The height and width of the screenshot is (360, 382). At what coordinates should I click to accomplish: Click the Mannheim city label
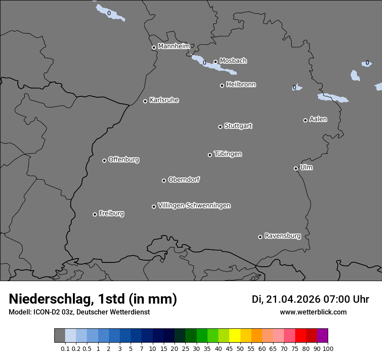click(x=174, y=46)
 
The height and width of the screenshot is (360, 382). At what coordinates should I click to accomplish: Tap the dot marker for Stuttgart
click(x=220, y=127)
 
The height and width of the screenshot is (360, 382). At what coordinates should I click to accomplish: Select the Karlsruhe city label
click(x=164, y=100)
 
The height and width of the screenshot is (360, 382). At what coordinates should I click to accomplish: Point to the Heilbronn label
click(x=241, y=85)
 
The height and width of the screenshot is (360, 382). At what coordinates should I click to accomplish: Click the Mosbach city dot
click(x=215, y=62)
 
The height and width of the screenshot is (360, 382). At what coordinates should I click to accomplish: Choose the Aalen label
click(x=318, y=119)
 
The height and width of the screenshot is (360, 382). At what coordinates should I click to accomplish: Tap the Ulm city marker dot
click(x=296, y=168)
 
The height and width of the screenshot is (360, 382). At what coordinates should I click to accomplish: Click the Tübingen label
click(x=228, y=154)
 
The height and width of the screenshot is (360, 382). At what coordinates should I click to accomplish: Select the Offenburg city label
click(x=124, y=160)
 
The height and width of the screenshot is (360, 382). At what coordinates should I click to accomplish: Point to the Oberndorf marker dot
click(x=164, y=180)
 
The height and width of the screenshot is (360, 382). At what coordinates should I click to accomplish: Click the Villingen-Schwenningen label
click(x=194, y=206)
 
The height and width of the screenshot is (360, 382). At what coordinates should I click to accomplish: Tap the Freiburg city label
click(x=111, y=213)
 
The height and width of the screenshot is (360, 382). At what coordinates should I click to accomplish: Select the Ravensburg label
click(x=283, y=236)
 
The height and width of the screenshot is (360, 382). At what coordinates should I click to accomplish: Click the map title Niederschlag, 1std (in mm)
click(x=93, y=299)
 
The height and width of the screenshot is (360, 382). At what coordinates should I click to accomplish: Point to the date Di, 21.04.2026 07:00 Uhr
click(x=310, y=299)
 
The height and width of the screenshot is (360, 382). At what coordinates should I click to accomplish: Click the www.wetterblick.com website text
click(x=313, y=312)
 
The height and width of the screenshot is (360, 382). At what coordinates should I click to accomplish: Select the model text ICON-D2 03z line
click(x=79, y=312)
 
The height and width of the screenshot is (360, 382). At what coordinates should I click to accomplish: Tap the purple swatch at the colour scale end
click(x=322, y=335)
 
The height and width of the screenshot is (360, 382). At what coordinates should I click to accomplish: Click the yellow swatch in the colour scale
click(x=234, y=335)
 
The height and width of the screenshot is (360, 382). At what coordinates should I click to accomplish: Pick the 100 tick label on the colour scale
click(x=328, y=348)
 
